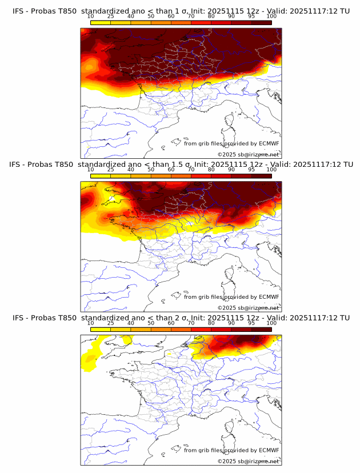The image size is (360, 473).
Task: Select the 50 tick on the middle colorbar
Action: [151, 169]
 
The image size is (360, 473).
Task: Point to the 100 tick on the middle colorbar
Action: [271, 169]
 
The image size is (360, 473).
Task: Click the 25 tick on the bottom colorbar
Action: [110, 323]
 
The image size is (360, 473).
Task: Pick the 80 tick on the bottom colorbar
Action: [211, 323]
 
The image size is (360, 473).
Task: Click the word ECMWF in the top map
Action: [269, 143]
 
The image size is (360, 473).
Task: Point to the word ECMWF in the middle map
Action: [269, 296]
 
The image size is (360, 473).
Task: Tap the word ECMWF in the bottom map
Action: [269, 450]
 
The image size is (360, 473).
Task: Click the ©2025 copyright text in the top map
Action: [227, 155]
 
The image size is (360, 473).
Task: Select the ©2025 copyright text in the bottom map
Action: [227, 461]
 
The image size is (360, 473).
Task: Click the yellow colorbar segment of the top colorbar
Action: [101, 22]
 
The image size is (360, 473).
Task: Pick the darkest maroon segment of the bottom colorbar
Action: [261, 329]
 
